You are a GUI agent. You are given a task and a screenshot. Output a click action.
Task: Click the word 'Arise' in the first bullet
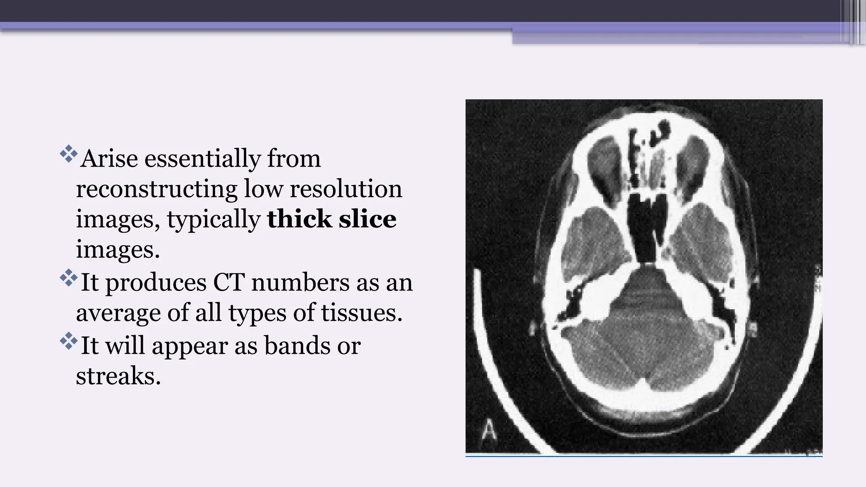(109, 159)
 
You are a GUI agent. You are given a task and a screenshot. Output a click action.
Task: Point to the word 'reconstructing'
(156, 189)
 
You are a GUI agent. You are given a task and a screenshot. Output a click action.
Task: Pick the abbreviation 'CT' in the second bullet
(228, 282)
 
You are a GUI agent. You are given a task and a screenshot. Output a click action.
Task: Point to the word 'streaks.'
(118, 376)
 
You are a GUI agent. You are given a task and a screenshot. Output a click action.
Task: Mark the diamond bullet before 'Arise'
(68, 155)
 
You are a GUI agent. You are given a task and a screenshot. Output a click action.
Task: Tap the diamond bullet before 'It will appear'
(68, 341)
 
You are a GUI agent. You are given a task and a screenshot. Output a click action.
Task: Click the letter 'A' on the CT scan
(489, 431)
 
